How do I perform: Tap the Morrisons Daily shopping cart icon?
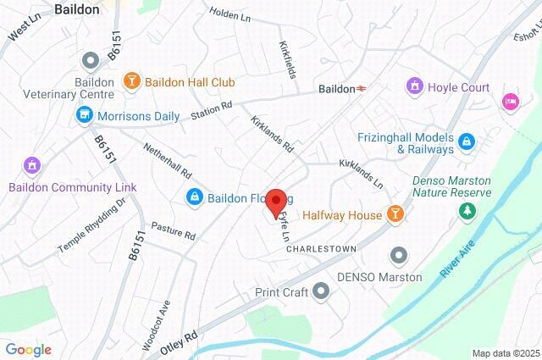(84, 114)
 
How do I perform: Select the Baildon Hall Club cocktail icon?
(132, 82)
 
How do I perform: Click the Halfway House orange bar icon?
(394, 215)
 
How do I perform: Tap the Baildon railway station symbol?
(362, 88)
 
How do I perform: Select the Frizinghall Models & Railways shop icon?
(467, 141)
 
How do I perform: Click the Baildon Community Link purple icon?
(32, 164)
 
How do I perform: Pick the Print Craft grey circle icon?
(320, 292)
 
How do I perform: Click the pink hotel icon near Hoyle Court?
(510, 101)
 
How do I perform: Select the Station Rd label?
(211, 111)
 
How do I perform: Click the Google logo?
(28, 349)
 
